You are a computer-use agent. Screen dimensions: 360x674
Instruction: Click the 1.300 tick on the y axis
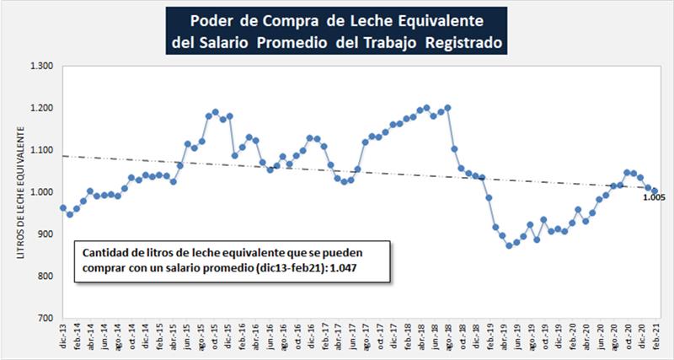point(41,66)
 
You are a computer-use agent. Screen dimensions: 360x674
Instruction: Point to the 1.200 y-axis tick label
point(41,108)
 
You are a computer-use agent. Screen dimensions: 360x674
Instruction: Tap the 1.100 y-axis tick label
point(41,150)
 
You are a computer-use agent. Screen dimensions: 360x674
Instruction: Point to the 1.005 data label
point(654,198)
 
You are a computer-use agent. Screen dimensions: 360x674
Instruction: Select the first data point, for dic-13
point(62,207)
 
